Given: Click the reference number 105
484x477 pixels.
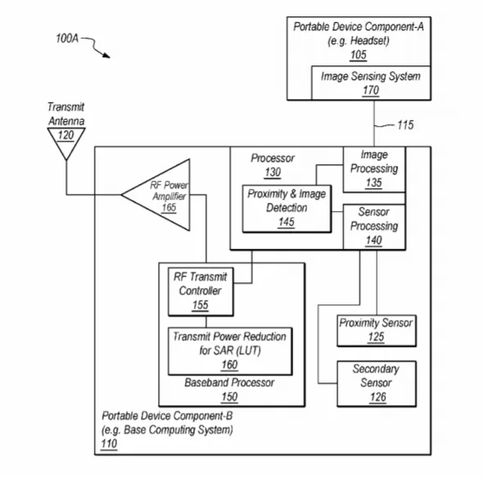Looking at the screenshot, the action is pyautogui.click(x=359, y=55).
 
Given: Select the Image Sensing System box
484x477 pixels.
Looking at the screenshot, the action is pyautogui.click(x=371, y=83).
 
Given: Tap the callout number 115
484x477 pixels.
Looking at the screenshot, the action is pyautogui.click(x=405, y=125).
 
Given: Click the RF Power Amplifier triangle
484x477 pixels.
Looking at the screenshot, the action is pyautogui.click(x=156, y=195).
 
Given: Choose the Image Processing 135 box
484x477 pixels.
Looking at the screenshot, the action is pyautogui.click(x=374, y=169).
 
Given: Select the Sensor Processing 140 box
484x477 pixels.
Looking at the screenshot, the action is pyautogui.click(x=374, y=227).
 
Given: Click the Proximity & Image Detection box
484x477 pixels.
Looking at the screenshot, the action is pyautogui.click(x=287, y=209).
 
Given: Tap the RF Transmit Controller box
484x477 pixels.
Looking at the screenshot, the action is pyautogui.click(x=201, y=292).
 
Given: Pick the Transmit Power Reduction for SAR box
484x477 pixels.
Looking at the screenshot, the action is pyautogui.click(x=230, y=351).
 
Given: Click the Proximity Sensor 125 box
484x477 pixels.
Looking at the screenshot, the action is pyautogui.click(x=377, y=331).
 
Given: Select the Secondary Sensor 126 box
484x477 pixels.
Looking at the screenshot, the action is pyautogui.click(x=377, y=384).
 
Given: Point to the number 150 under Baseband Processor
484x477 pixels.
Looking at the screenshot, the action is pyautogui.click(x=229, y=397).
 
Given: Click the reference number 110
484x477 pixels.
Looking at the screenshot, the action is pyautogui.click(x=109, y=443).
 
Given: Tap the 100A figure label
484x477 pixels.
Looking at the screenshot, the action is pyautogui.click(x=67, y=38).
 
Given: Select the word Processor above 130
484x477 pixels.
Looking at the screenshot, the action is pyautogui.click(x=273, y=158).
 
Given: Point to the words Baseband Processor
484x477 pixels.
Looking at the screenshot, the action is pyautogui.click(x=229, y=383).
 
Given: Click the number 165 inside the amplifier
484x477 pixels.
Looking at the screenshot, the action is pyautogui.click(x=169, y=208).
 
